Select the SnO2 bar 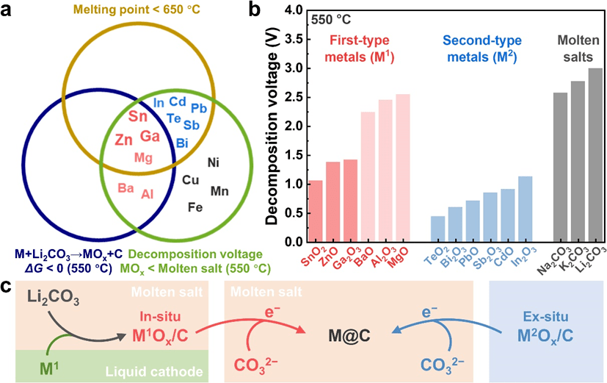click(x=316, y=211)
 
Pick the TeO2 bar click(x=437, y=229)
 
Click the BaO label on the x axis click(x=367, y=257)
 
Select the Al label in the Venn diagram click(x=147, y=194)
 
